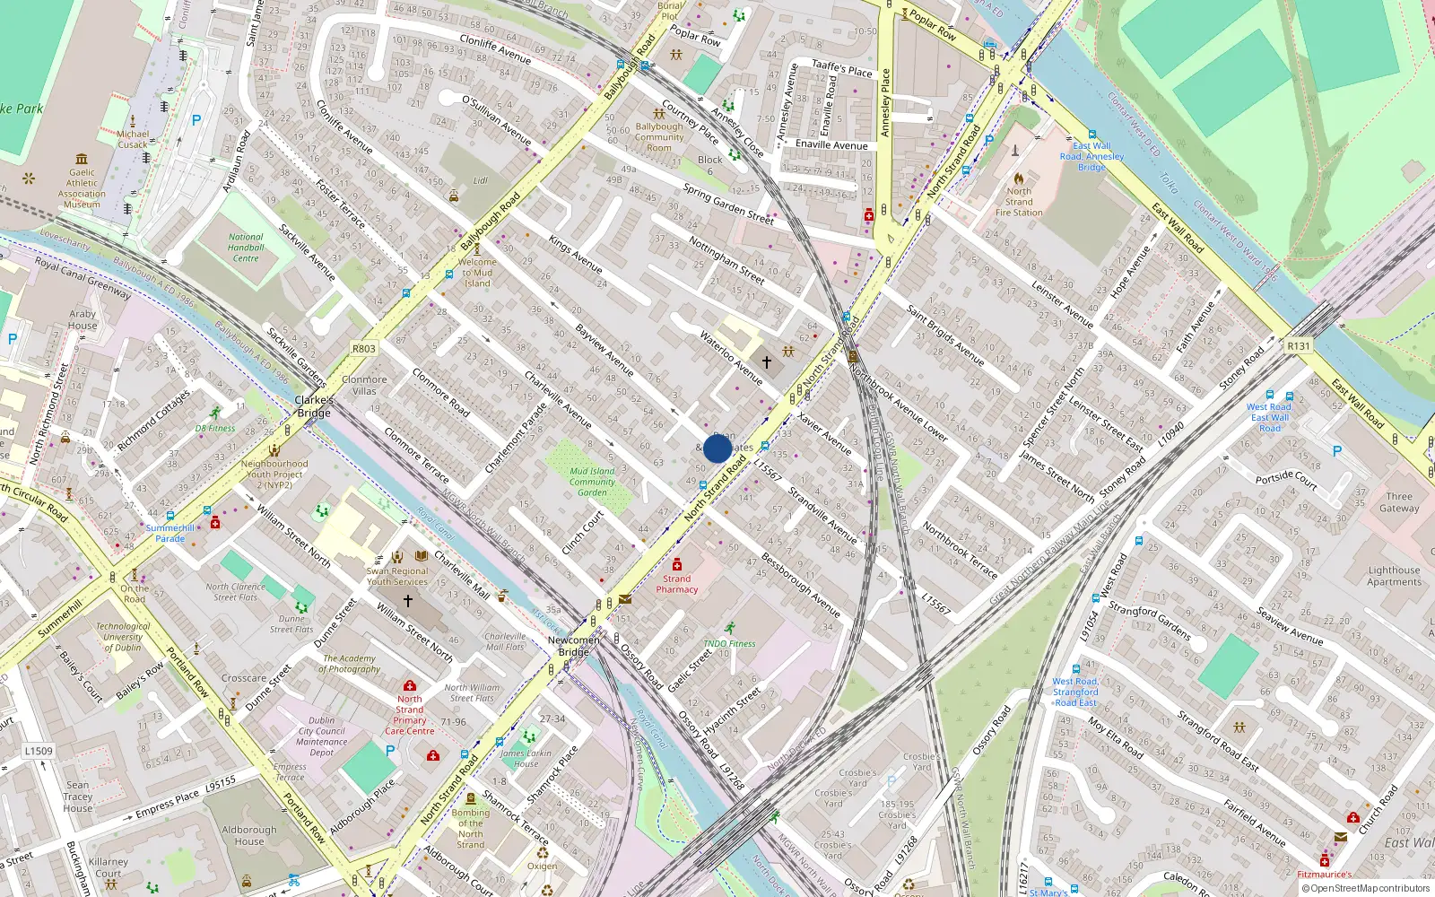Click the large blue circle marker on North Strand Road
click(717, 448)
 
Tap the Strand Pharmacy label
click(676, 583)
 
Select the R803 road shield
click(363, 349)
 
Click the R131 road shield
click(1298, 346)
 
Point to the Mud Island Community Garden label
click(592, 482)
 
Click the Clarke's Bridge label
click(314, 406)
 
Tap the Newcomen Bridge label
click(573, 646)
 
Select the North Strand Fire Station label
click(1019, 202)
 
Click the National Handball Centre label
click(245, 248)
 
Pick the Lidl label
click(481, 180)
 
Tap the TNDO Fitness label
click(728, 643)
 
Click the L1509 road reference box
click(39, 751)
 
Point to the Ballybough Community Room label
click(659, 137)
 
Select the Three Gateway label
click(1399, 502)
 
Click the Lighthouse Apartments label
click(1394, 576)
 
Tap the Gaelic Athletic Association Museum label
click(82, 188)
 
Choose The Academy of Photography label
click(351, 664)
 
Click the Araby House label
click(83, 319)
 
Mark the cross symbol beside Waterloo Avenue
click(767, 362)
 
